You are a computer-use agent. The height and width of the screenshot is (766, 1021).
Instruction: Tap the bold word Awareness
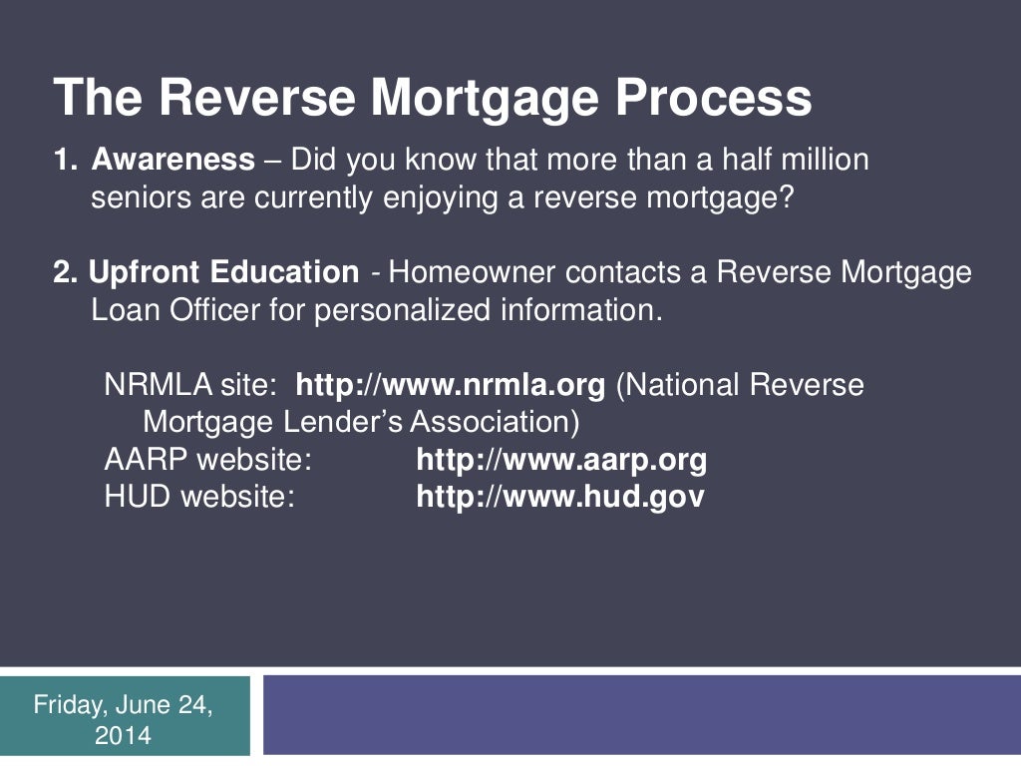[173, 160]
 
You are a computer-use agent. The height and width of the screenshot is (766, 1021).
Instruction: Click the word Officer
[210, 310]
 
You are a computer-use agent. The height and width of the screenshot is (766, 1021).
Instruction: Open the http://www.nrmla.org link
[451, 385]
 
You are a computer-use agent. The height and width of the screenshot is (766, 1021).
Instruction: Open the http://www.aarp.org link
[561, 460]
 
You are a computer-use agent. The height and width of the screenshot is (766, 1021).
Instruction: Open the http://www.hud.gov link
[559, 497]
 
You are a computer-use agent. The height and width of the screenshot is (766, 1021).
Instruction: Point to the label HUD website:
[199, 497]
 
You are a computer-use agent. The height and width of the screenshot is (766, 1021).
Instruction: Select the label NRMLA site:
[189, 385]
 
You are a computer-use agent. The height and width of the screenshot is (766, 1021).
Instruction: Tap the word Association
[495, 422]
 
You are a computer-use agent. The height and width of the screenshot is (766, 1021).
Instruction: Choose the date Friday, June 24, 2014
[124, 720]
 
